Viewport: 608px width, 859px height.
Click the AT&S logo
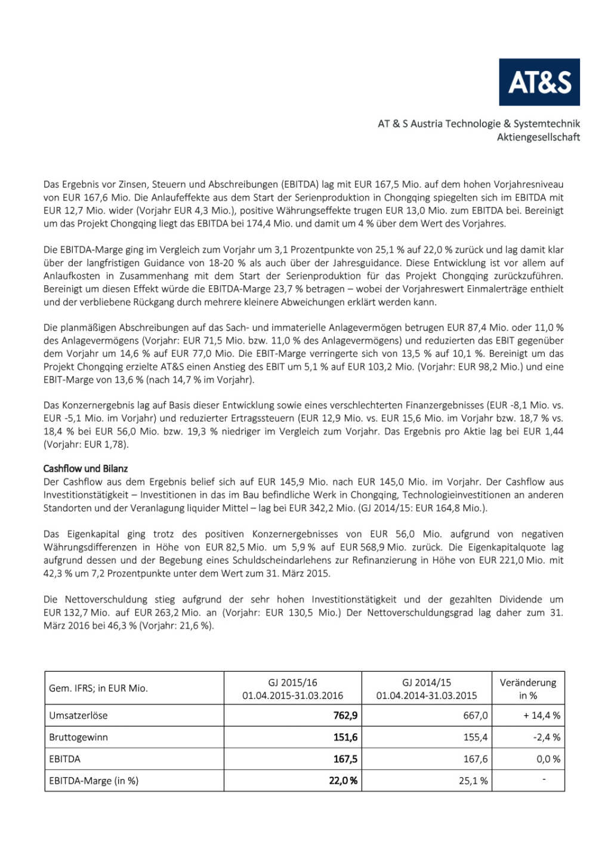coord(539,82)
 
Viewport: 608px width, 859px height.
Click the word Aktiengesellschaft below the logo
coord(538,137)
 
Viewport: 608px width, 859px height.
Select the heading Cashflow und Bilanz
coord(85,469)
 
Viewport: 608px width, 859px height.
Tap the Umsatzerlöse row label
coord(78,715)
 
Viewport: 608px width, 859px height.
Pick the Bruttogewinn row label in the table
coord(78,737)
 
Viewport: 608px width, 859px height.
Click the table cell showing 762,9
coord(345,715)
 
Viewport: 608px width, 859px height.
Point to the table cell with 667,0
coord(475,715)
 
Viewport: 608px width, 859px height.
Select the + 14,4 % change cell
coord(542,715)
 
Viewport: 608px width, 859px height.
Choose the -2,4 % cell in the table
coord(547,737)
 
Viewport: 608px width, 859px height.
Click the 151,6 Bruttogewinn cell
coord(345,737)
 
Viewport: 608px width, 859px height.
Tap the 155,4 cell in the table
coord(475,737)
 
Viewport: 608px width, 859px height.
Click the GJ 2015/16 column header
coord(292,688)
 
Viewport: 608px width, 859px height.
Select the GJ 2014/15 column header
coord(427,688)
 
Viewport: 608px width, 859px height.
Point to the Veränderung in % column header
coord(528,688)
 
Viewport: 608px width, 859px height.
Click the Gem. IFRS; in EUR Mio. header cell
coord(98,688)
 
